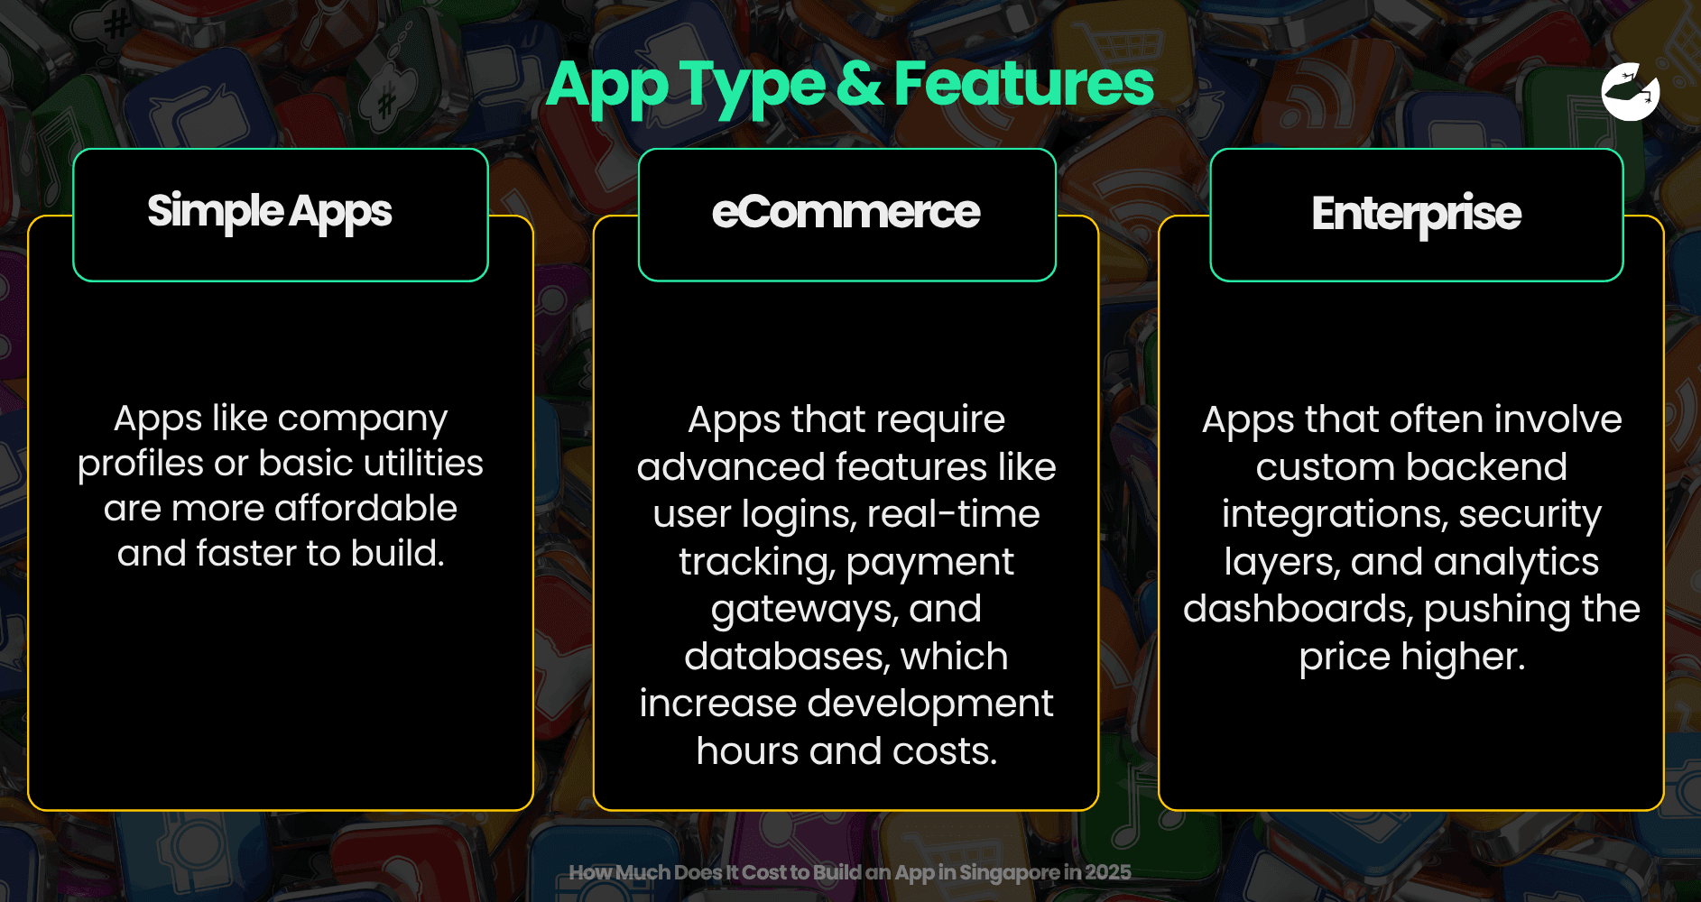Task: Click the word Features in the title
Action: click(1023, 84)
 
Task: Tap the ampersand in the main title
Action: click(859, 84)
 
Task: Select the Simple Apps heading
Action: click(270, 213)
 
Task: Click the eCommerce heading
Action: click(846, 212)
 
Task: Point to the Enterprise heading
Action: click(1416, 215)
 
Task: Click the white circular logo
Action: click(1631, 92)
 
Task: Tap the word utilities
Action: click(424, 463)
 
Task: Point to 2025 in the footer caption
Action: click(1108, 872)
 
